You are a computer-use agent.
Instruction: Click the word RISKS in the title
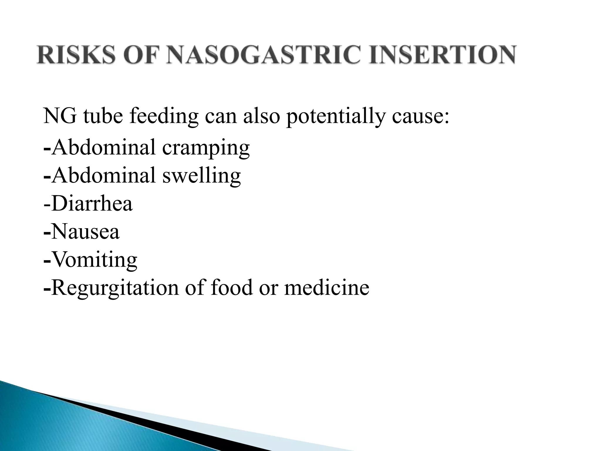coord(76,55)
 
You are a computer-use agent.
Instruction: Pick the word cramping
coord(206,148)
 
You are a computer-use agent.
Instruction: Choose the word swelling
coord(201,176)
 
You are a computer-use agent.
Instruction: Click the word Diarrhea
coord(92,204)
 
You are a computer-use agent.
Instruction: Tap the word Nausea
coord(85,232)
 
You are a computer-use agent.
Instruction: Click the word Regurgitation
coord(115,288)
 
